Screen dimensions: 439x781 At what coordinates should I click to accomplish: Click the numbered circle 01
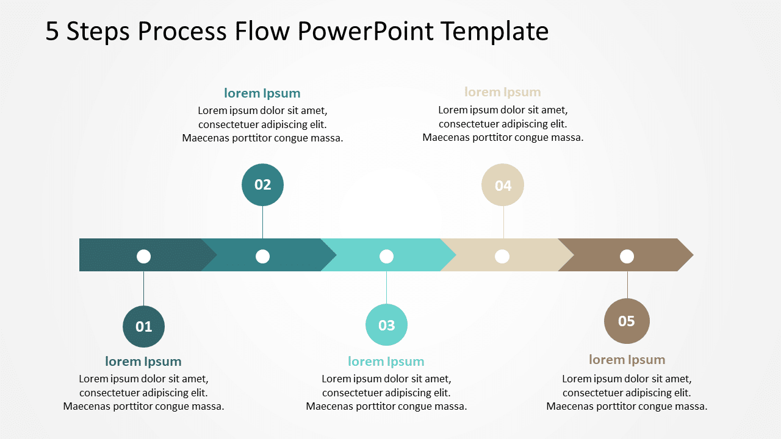pyautogui.click(x=143, y=327)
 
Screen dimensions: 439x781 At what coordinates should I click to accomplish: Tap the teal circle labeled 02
pyautogui.click(x=262, y=185)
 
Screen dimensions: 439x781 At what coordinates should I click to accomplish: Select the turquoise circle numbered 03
pyautogui.click(x=386, y=325)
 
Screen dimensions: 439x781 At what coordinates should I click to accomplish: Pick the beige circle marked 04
pyautogui.click(x=503, y=185)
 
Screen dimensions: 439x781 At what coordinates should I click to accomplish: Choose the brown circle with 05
pyautogui.click(x=627, y=321)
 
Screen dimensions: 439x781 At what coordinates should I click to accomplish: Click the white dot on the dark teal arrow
pyautogui.click(x=143, y=257)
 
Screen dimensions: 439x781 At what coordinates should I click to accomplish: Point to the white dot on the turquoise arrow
pyautogui.click(x=386, y=257)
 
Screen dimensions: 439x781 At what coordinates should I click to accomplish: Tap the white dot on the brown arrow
pyautogui.click(x=627, y=257)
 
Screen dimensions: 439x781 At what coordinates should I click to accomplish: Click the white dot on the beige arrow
pyautogui.click(x=502, y=257)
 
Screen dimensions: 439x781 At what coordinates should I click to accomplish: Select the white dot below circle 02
pyautogui.click(x=262, y=257)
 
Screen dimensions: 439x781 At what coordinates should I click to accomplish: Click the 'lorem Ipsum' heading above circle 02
pyautogui.click(x=262, y=93)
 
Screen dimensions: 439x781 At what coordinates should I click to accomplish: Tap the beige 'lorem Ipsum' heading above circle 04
pyautogui.click(x=503, y=92)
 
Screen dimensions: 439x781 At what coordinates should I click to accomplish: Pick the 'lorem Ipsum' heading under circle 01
pyautogui.click(x=143, y=362)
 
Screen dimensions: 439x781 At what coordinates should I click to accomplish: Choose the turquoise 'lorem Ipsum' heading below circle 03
pyautogui.click(x=386, y=362)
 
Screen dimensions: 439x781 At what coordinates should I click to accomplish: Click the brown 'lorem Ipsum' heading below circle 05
pyautogui.click(x=627, y=360)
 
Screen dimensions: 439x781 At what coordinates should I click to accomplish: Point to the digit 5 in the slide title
pyautogui.click(x=52, y=32)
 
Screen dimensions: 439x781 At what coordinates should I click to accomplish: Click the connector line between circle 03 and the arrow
pyautogui.click(x=386, y=287)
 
